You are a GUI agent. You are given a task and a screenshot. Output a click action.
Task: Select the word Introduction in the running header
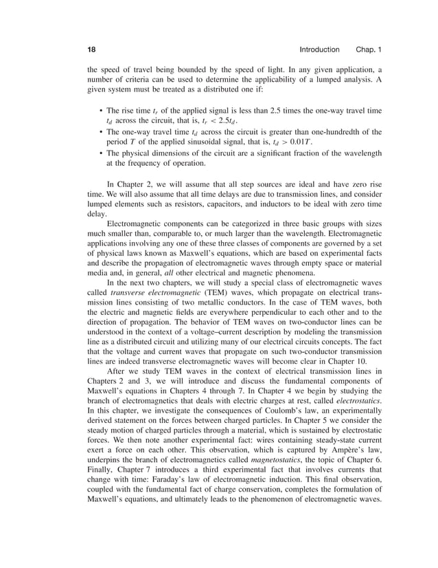coord(319,50)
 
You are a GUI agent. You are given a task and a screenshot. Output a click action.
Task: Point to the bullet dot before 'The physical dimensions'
coord(101,153)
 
